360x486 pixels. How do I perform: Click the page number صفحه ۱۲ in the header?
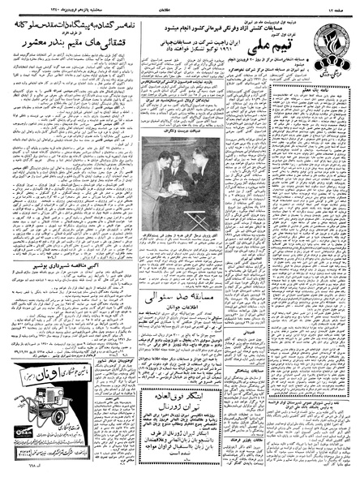point(340,6)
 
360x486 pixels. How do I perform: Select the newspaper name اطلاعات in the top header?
point(180,6)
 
